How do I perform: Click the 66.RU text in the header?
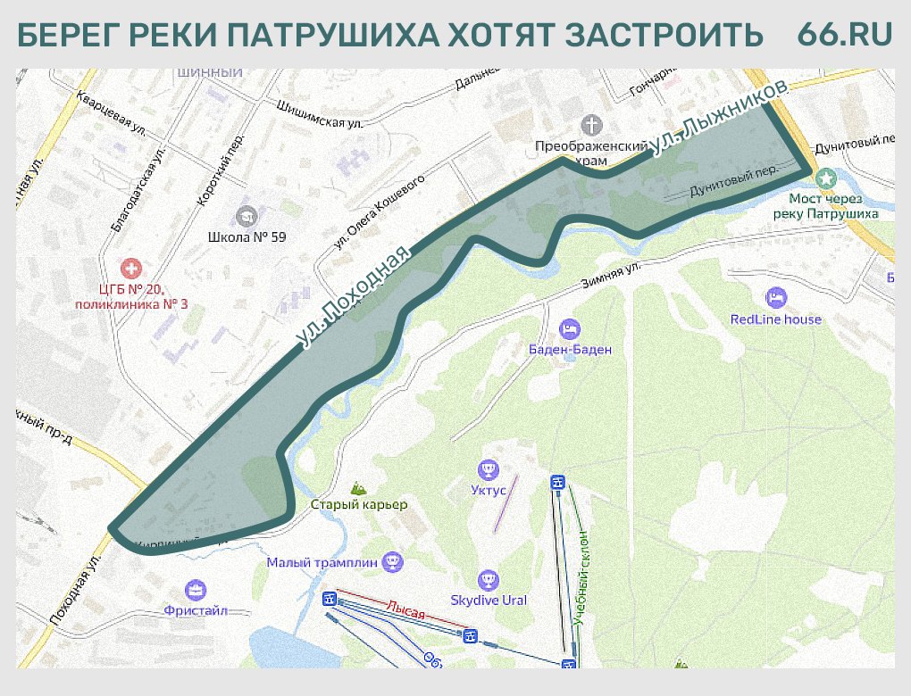[844, 34]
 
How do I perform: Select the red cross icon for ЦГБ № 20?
[131, 268]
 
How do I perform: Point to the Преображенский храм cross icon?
[590, 123]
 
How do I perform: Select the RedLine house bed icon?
[775, 296]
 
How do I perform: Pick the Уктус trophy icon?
[488, 468]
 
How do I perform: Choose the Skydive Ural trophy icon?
[488, 580]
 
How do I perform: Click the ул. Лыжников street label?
[720, 118]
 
